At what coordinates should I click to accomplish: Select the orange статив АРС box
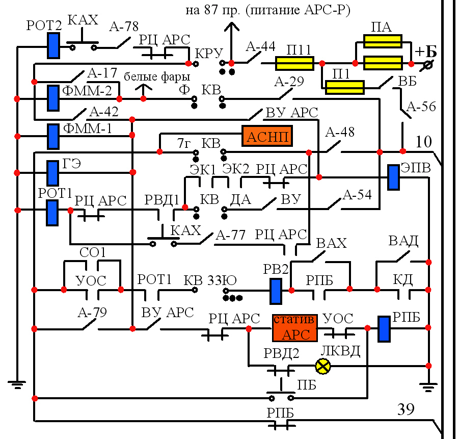(x=294, y=328)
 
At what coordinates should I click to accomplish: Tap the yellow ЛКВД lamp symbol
(x=323, y=366)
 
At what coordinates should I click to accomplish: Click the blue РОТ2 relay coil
(x=53, y=45)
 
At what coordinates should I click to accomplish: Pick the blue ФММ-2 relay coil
(x=52, y=98)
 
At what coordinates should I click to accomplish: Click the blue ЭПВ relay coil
(x=393, y=177)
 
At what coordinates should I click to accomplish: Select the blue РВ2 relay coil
(x=276, y=291)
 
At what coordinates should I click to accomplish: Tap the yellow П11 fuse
(x=294, y=63)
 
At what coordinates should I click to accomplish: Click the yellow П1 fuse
(x=344, y=88)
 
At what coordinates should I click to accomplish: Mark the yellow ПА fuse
(x=383, y=41)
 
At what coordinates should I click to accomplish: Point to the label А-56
(x=421, y=107)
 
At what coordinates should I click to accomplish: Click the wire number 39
(x=406, y=409)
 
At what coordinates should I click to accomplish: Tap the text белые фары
(x=157, y=77)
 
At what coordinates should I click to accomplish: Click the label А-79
(x=92, y=312)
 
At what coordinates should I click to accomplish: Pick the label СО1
(x=92, y=252)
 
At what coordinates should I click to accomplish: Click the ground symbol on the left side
(x=17, y=384)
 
